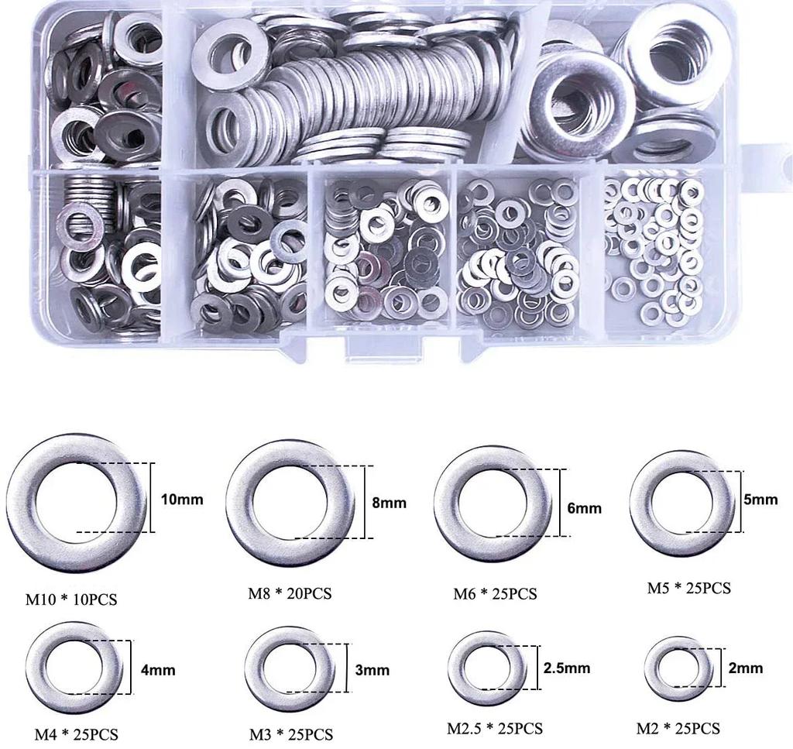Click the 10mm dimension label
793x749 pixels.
[182, 500]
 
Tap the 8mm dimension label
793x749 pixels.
[389, 503]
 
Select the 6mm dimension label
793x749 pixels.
[584, 509]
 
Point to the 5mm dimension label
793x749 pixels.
[760, 500]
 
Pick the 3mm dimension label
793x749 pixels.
[372, 670]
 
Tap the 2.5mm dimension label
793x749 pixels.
[566, 668]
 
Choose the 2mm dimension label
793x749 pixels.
[746, 668]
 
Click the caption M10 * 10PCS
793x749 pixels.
[72, 600]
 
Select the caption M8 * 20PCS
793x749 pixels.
[290, 594]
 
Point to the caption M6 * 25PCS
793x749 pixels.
[495, 594]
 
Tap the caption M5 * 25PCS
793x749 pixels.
[688, 588]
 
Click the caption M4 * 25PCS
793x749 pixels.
[76, 734]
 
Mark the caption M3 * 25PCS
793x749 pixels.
[291, 734]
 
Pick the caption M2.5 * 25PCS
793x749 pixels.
[495, 729]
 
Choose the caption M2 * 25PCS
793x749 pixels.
[678, 729]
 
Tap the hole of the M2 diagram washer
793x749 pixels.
[678, 668]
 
